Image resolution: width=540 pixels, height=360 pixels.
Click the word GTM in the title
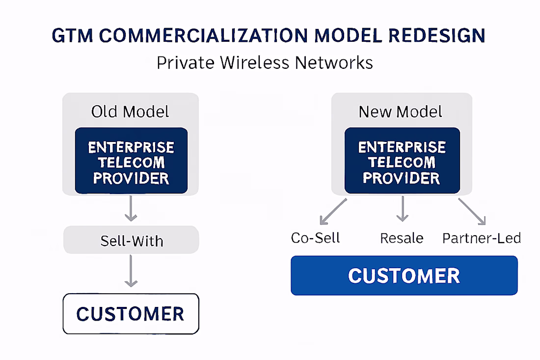(71, 36)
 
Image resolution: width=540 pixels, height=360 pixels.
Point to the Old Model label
(130, 111)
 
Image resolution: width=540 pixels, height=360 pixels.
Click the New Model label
(401, 111)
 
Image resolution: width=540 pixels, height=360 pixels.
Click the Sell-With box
(131, 241)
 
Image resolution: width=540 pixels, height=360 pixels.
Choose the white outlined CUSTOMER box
(131, 314)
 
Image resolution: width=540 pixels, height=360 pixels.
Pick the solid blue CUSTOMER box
(404, 276)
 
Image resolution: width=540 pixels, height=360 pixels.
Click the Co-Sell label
(315, 238)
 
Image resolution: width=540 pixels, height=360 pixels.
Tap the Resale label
(402, 238)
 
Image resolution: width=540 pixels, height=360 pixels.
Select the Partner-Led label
(482, 238)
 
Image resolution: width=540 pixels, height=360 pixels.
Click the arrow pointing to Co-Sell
(333, 211)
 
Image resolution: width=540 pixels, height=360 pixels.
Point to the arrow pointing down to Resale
(403, 209)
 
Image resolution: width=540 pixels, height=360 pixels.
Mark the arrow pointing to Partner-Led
(472, 211)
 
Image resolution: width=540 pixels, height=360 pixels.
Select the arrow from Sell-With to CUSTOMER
(131, 272)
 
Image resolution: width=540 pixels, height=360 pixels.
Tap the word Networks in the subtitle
(338, 63)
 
